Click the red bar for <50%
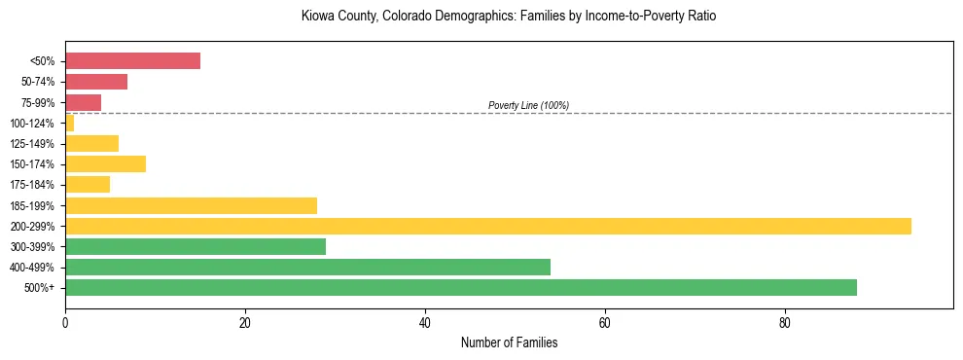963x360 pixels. point(132,61)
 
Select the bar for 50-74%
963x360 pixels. point(96,82)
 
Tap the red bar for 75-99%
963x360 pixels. point(83,102)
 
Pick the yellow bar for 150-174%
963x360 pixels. point(105,163)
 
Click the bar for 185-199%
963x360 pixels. point(191,205)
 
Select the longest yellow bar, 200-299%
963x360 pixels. point(487,226)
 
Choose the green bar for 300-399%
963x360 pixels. point(196,246)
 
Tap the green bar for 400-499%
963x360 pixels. point(307,267)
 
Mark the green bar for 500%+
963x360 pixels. point(460,287)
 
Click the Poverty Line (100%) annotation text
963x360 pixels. point(528,105)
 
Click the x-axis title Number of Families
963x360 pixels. point(509,342)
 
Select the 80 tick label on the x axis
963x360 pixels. point(785,321)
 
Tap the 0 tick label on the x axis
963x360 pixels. point(65,321)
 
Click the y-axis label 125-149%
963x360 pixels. point(32,144)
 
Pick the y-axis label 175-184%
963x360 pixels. point(32,185)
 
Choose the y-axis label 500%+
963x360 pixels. point(39,288)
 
